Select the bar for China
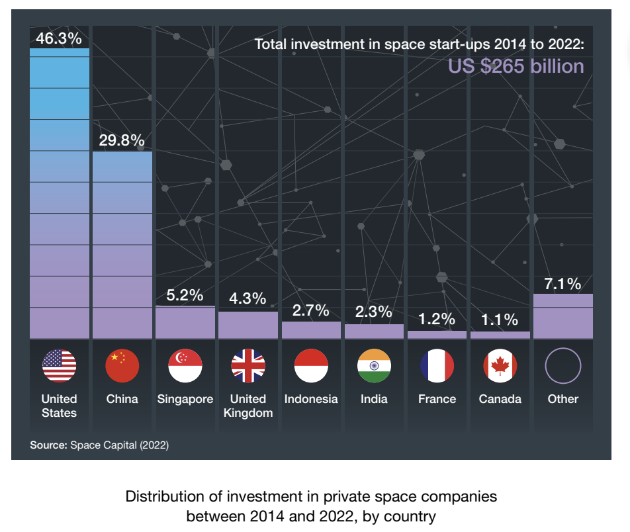tap(122, 245)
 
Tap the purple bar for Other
tap(562, 316)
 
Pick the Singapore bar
tap(185, 322)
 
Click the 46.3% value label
tap(58, 38)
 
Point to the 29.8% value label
tap(122, 140)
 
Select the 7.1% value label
tap(562, 285)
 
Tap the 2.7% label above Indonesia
tap(311, 310)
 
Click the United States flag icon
tap(60, 365)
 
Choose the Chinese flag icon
tap(122, 365)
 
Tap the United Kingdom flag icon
tap(248, 365)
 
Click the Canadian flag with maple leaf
tap(500, 365)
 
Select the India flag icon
tap(374, 365)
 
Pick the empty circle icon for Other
tap(562, 365)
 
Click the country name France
tap(437, 399)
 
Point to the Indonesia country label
tap(311, 399)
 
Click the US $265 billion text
tap(516, 67)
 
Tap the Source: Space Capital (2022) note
tap(99, 445)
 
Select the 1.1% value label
tap(500, 320)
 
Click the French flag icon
tap(437, 365)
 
